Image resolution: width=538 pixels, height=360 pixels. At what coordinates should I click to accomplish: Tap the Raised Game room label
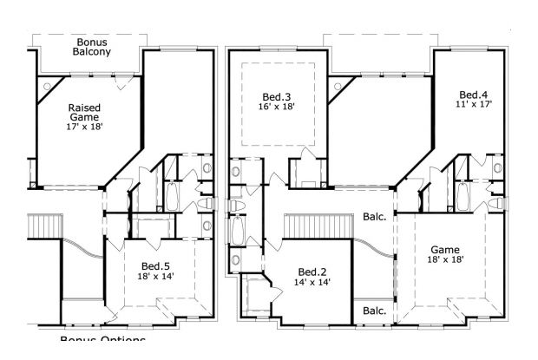84,112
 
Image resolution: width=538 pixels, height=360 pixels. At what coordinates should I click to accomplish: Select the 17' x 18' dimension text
84,127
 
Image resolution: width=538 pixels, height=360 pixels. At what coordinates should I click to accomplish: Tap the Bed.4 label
474,94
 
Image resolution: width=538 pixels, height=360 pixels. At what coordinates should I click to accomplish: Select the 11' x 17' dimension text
474,104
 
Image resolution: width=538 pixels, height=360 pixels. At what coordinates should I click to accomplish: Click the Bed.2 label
312,272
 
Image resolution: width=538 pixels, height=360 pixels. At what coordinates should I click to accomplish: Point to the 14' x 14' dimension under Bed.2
312,282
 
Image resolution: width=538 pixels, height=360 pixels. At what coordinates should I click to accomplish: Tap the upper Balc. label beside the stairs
374,218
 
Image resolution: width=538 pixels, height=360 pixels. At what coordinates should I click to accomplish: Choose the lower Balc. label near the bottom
374,311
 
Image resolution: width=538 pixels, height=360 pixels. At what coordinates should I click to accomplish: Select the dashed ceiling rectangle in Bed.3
279,103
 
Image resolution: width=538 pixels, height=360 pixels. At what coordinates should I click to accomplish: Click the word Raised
84,108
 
